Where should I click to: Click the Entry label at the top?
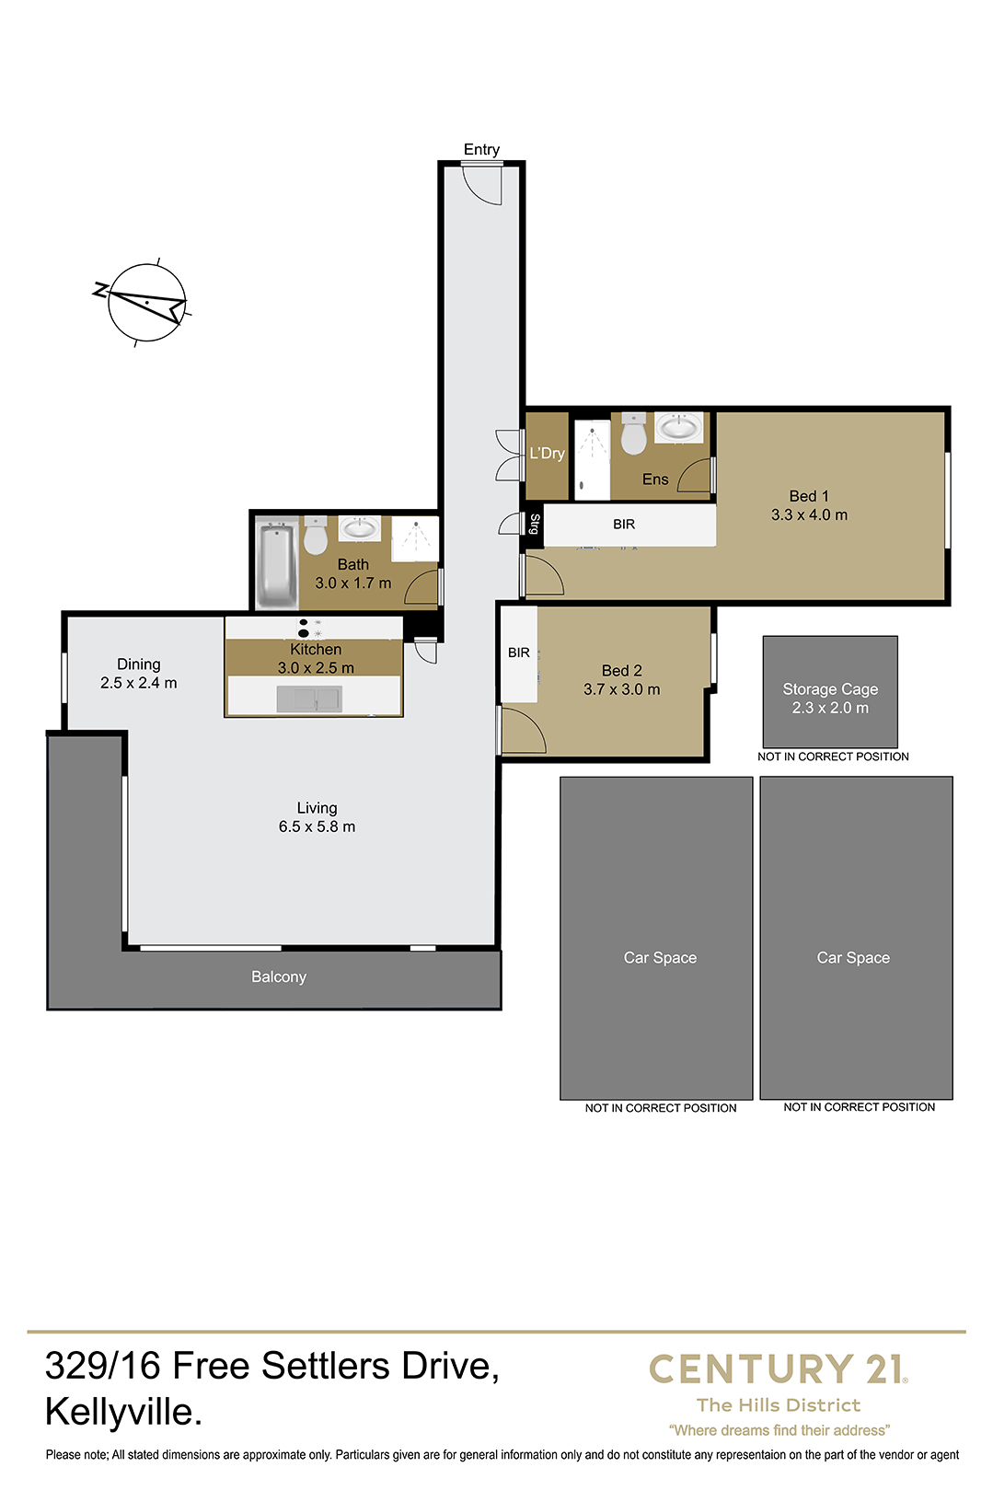coord(481,150)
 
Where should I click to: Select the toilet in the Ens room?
coord(633,433)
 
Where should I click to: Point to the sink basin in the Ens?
coord(678,427)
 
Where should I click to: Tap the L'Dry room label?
coord(547,453)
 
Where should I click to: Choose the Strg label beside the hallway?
coord(534,524)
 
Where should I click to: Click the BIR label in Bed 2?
coord(519,653)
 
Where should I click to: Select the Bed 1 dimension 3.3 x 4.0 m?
coord(809,514)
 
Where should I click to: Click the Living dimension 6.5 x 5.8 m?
coord(317,826)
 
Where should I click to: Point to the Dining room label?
coord(138,664)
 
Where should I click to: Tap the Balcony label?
coord(279,976)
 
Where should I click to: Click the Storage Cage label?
coord(830,689)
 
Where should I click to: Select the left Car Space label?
coord(660,957)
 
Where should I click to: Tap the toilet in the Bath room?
coord(316,537)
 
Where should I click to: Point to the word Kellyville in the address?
coord(123,1413)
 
